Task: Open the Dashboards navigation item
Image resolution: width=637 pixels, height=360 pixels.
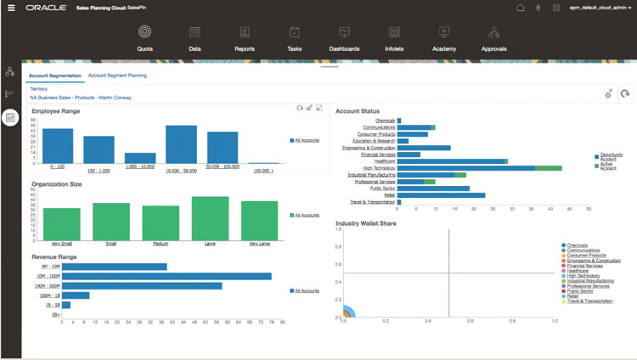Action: [344, 33]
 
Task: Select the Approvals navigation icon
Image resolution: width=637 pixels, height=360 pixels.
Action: [493, 33]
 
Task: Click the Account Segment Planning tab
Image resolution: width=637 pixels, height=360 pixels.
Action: [117, 76]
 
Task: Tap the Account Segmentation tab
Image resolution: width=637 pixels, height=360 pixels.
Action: [55, 76]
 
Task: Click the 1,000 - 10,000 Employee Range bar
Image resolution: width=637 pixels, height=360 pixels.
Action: [140, 158]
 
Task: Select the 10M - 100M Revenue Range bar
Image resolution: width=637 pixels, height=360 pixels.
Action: [166, 275]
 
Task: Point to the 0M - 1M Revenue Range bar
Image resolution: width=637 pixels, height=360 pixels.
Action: [115, 266]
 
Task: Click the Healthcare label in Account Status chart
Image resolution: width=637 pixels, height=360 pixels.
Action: [381, 161]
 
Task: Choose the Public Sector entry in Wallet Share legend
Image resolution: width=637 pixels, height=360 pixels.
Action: [581, 290]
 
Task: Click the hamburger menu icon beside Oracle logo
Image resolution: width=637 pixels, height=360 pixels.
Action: [10, 7]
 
